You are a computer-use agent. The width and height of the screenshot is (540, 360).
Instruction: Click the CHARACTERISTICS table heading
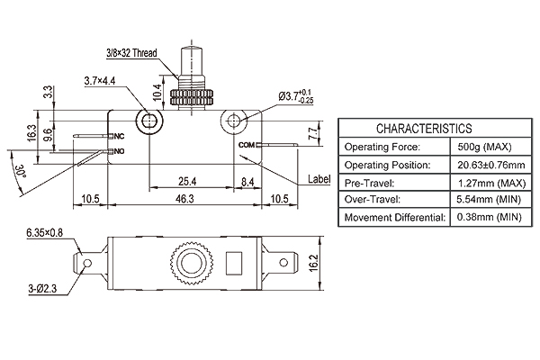(424, 129)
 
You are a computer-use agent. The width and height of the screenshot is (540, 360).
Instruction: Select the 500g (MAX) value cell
(484, 147)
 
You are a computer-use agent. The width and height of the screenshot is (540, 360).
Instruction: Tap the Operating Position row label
(387, 165)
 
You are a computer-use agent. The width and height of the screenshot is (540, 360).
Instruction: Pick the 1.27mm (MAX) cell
(491, 183)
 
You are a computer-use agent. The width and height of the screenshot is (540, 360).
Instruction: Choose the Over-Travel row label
(373, 200)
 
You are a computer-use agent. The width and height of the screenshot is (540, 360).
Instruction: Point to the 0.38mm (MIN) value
(489, 217)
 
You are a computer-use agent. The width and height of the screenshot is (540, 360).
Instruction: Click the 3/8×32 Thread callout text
(131, 53)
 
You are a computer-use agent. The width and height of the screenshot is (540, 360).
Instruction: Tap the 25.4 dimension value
(187, 181)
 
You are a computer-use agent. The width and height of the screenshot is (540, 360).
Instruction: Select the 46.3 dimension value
(184, 199)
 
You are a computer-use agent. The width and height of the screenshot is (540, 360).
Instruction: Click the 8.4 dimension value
(247, 181)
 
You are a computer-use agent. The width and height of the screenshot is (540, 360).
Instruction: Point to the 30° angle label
(21, 171)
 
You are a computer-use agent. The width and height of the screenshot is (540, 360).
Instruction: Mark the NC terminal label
(119, 137)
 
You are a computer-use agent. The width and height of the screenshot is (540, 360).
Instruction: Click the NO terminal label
(119, 151)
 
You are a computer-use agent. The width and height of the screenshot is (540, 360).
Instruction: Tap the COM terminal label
(247, 145)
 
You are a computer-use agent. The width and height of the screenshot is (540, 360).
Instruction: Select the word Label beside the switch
(319, 179)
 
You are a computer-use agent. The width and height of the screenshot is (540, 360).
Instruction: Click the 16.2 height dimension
(313, 263)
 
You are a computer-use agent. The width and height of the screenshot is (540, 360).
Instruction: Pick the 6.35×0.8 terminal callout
(45, 233)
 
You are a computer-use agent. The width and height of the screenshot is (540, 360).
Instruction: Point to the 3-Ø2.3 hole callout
(42, 289)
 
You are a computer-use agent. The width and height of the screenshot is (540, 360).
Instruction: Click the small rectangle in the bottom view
(234, 263)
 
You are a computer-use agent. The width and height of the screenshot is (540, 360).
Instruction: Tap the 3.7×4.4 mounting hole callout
(100, 81)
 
